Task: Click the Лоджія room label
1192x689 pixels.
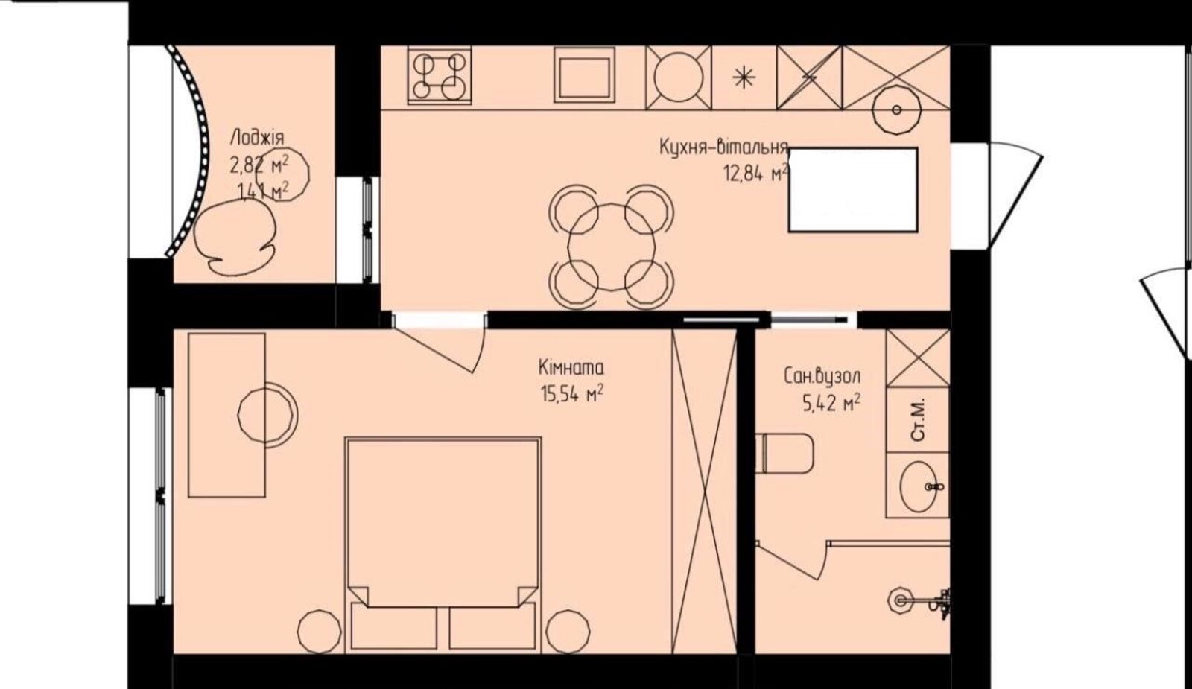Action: (x=257, y=138)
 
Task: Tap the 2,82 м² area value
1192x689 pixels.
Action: (x=259, y=165)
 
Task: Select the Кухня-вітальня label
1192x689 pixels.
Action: (x=723, y=147)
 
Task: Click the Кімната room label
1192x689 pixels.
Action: (x=571, y=368)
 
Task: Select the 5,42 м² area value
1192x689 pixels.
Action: (x=831, y=404)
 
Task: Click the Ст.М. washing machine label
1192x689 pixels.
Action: (x=919, y=419)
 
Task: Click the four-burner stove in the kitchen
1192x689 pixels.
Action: (x=440, y=75)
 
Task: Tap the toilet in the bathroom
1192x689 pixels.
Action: (x=785, y=454)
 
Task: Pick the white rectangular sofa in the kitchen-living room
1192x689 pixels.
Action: (x=853, y=190)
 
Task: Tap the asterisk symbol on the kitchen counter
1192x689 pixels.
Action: (x=744, y=78)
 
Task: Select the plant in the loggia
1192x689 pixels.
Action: (x=235, y=238)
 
